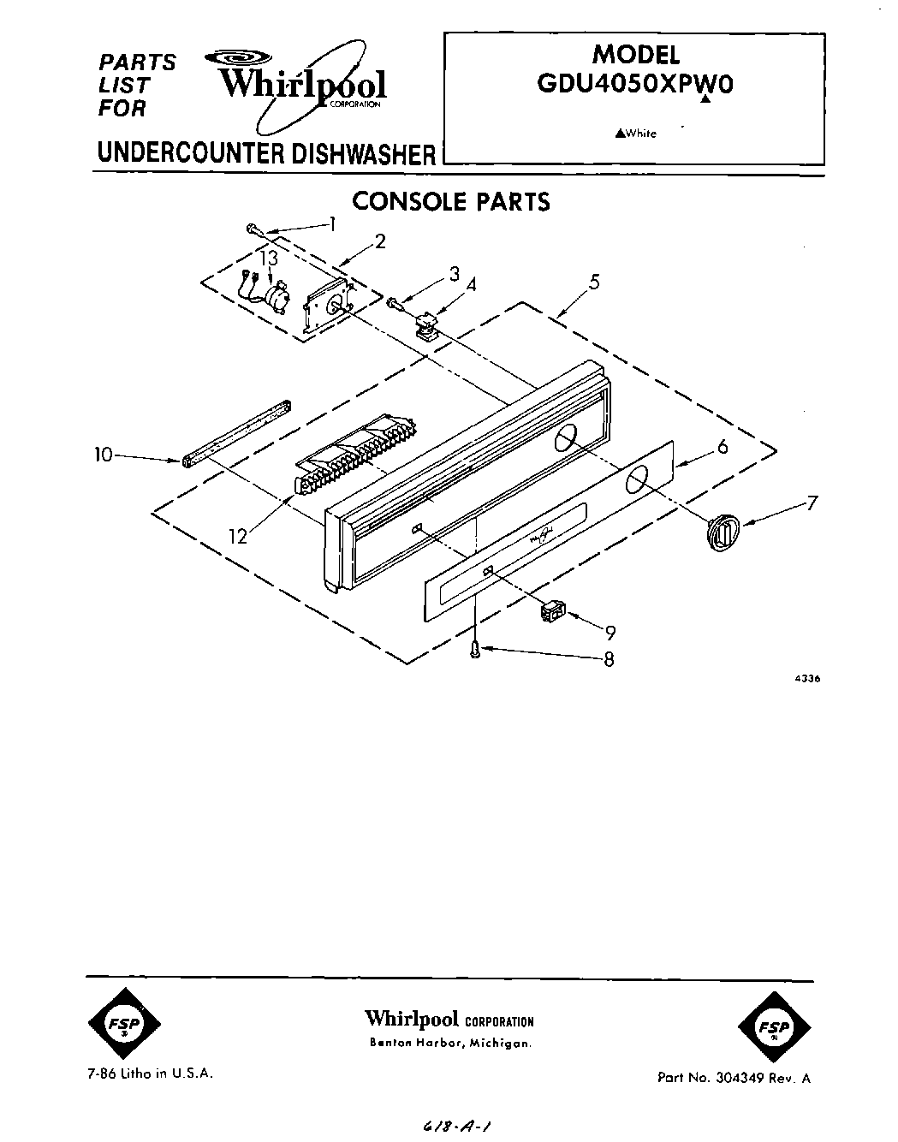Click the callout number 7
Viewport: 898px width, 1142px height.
pyautogui.click(x=812, y=503)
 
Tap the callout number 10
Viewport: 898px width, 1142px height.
pyautogui.click(x=103, y=455)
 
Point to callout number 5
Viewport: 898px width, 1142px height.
pyautogui.click(x=593, y=281)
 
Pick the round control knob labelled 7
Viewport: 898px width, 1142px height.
pyautogui.click(x=721, y=533)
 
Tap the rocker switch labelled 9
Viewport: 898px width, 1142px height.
pyautogui.click(x=552, y=610)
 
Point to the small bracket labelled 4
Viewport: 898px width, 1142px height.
pyautogui.click(x=423, y=325)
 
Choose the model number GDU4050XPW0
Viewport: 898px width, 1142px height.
pyautogui.click(x=635, y=85)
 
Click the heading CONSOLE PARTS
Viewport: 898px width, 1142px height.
pyautogui.click(x=451, y=201)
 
